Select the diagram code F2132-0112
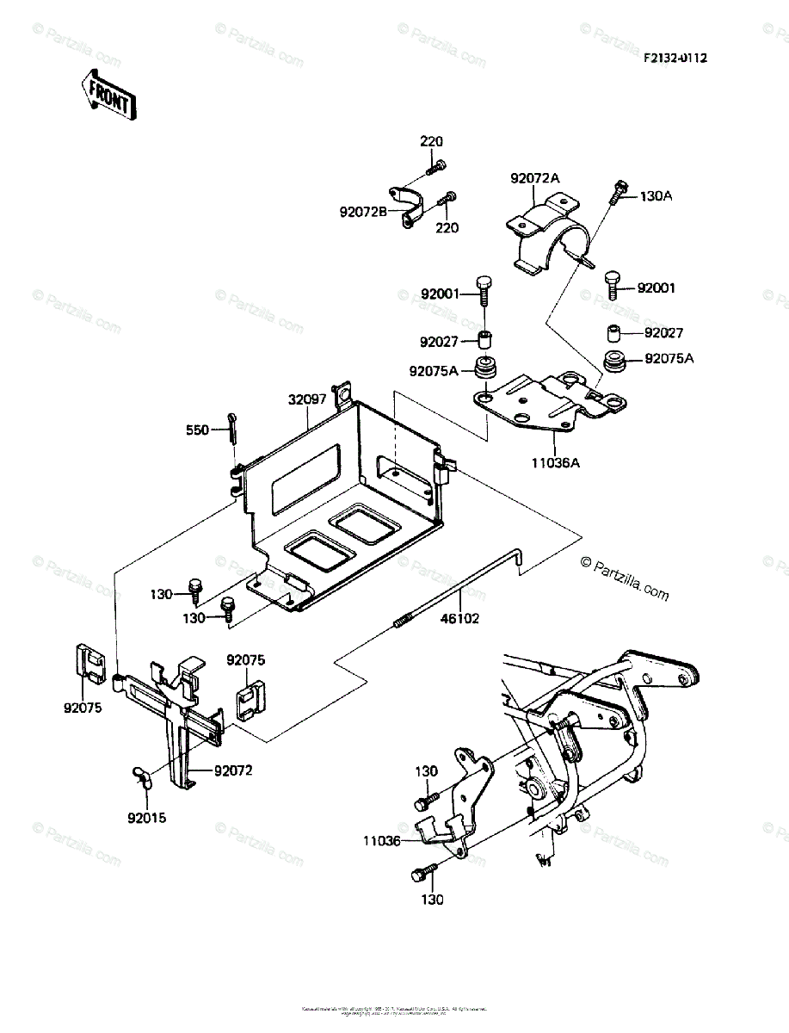click(675, 58)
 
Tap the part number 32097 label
click(307, 399)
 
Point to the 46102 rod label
click(460, 617)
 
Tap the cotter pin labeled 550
click(233, 426)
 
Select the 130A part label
click(656, 196)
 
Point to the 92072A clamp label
click(534, 178)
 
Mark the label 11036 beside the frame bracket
click(381, 841)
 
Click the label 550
click(198, 429)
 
